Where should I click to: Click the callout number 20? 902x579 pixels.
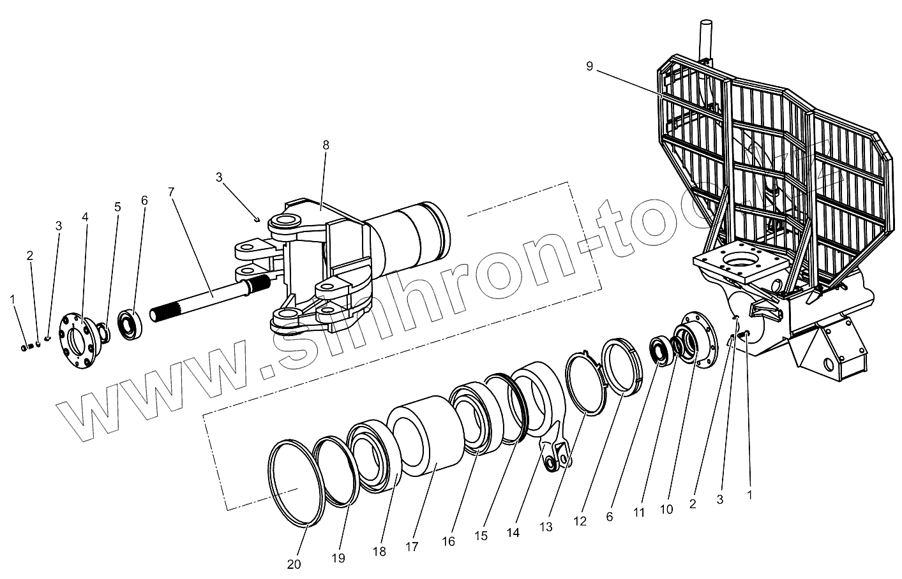click(x=294, y=564)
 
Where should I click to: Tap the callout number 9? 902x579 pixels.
click(x=589, y=65)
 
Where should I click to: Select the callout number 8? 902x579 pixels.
click(x=326, y=145)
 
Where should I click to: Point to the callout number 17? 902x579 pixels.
click(x=411, y=546)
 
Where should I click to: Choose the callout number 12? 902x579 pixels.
click(x=580, y=521)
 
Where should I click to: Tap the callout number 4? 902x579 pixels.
click(x=85, y=217)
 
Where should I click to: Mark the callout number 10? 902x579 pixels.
click(x=666, y=509)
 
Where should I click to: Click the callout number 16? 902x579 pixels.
click(x=448, y=541)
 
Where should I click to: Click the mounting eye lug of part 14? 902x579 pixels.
click(x=553, y=457)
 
